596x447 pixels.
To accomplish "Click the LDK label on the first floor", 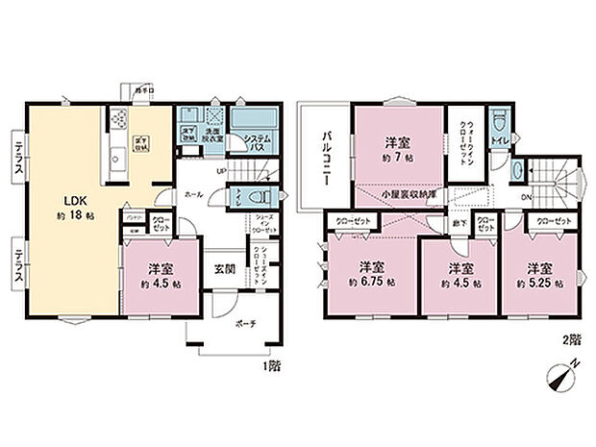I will pos(76,200).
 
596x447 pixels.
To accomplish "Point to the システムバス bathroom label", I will pos(255,141).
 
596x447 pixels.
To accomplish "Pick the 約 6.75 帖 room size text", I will pos(372,285).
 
